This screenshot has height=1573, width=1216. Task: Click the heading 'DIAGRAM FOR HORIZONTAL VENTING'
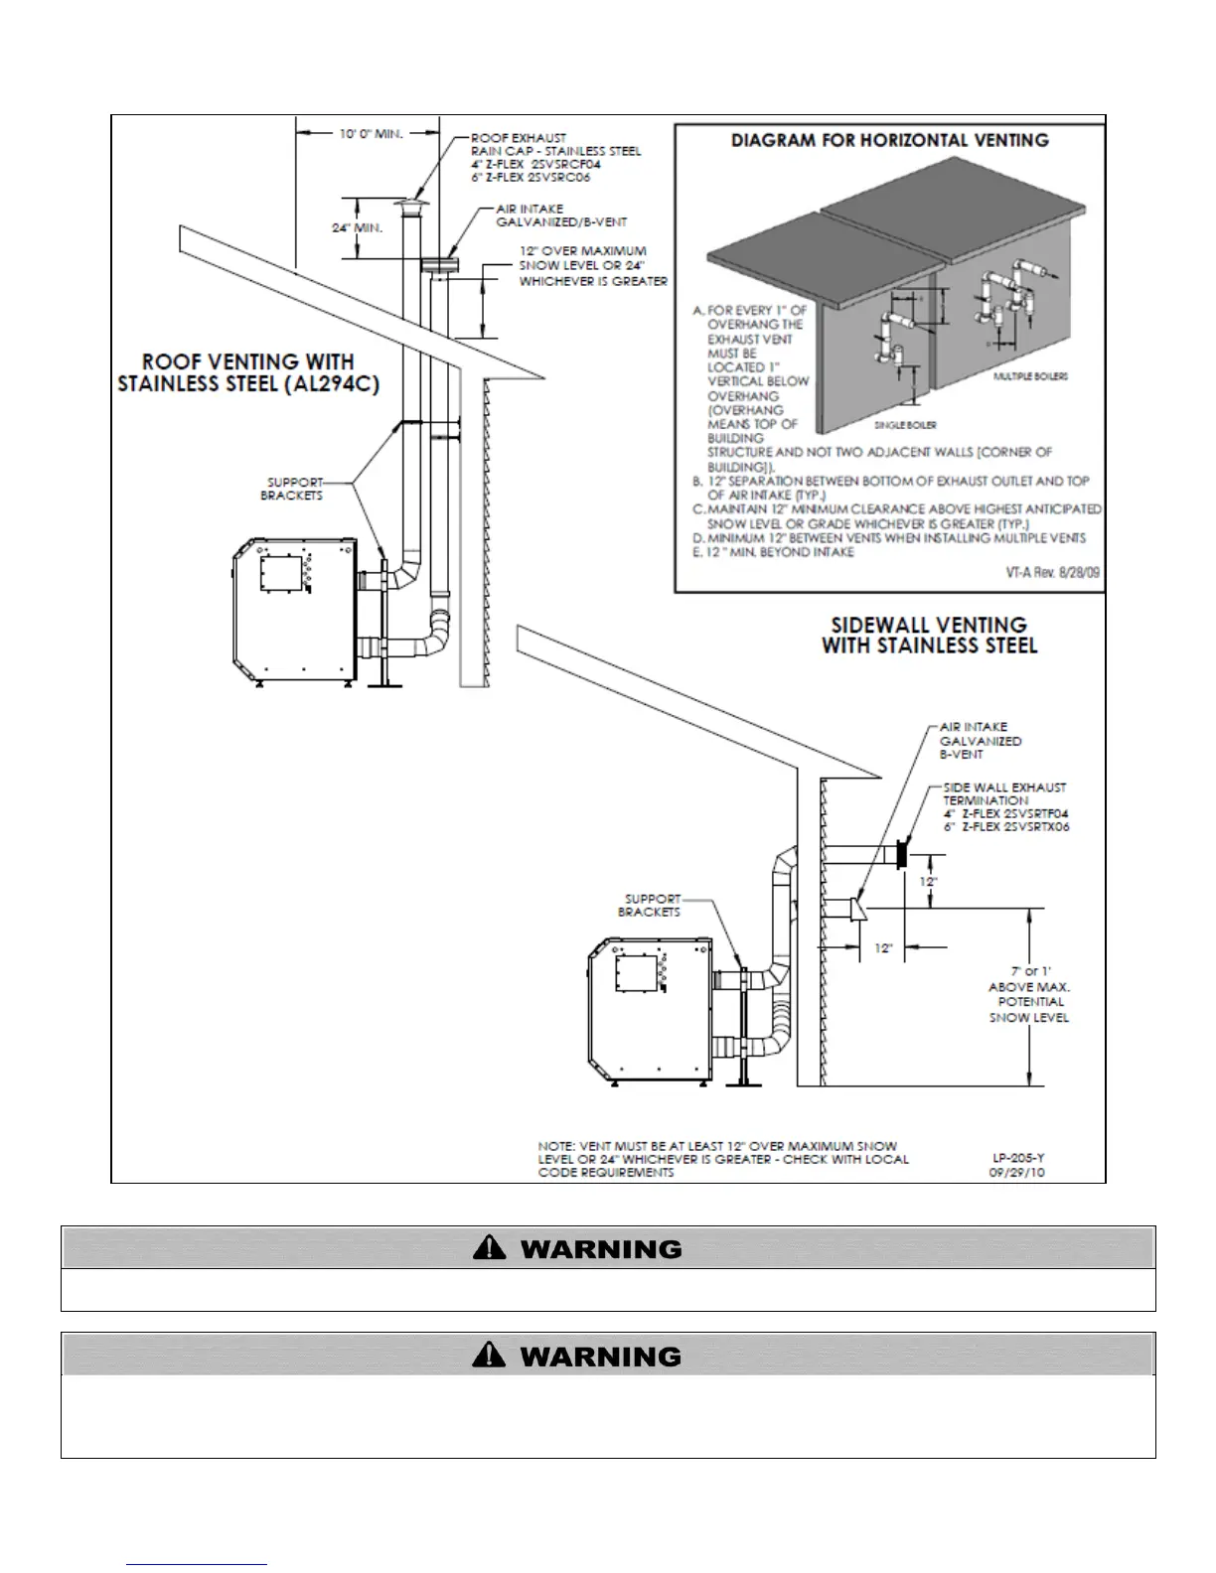click(x=889, y=140)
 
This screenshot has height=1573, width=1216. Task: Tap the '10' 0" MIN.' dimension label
click(x=370, y=133)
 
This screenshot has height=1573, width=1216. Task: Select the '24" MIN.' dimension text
click(x=357, y=228)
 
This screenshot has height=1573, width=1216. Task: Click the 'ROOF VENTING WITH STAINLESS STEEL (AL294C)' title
click(x=248, y=372)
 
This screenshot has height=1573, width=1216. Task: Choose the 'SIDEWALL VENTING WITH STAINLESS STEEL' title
click(x=929, y=636)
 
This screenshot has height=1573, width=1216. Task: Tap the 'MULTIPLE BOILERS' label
click(x=1030, y=377)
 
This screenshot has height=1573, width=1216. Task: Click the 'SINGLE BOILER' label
click(x=905, y=425)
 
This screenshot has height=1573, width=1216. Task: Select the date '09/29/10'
click(x=1016, y=1172)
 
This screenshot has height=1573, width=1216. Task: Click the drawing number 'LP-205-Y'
click(x=1018, y=1158)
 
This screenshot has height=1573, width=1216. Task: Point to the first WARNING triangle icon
click(x=491, y=1248)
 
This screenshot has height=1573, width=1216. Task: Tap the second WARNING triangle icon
click(x=491, y=1355)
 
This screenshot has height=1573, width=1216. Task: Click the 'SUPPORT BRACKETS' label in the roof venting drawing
click(x=295, y=489)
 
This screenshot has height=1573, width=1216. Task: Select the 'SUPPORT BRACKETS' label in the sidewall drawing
click(x=651, y=905)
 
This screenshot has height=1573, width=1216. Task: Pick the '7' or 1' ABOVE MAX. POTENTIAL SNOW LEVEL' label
click(x=1029, y=994)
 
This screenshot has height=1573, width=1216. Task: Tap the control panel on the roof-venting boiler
click(x=280, y=575)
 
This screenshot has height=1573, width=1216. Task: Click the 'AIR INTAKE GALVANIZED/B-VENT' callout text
click(x=560, y=215)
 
